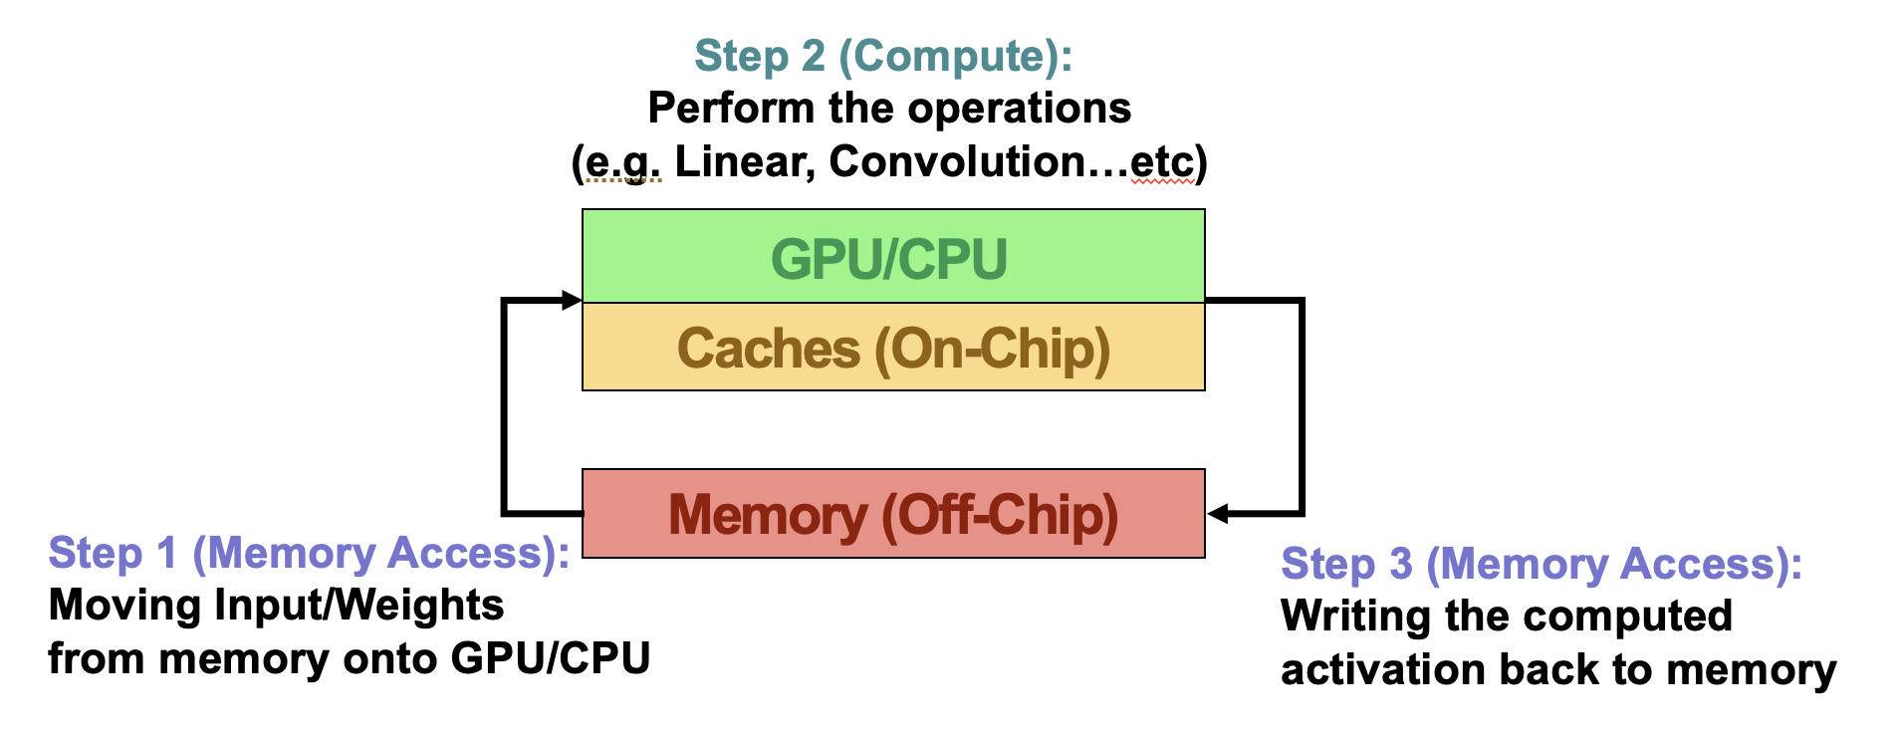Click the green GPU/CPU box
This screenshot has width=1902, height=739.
[x=892, y=257]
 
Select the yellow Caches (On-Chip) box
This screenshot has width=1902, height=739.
[x=892, y=348]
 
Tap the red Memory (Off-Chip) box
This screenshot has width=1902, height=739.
[x=892, y=514]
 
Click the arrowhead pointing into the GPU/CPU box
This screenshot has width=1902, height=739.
[x=572, y=300]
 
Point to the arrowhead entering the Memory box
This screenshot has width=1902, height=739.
[x=1218, y=514]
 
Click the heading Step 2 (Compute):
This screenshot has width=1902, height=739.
[x=883, y=56]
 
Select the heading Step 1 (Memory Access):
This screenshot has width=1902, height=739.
[x=309, y=553]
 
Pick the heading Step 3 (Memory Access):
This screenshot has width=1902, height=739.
[x=1541, y=564]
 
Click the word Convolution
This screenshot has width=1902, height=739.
[x=956, y=161]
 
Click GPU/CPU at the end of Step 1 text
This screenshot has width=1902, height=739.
[x=550, y=658]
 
